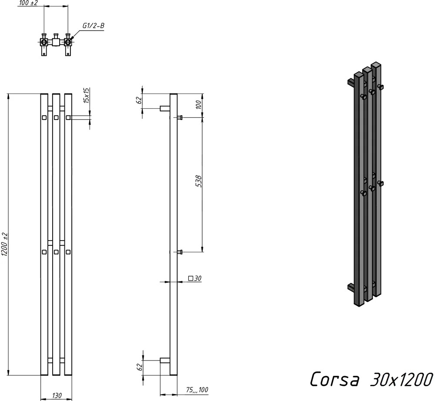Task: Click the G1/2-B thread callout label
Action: pos(93,26)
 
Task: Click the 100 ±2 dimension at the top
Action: pos(29,3)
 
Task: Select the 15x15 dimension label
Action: pos(86,95)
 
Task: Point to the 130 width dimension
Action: pos(57,395)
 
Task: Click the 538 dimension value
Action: pos(199,181)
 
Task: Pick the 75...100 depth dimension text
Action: pos(197,390)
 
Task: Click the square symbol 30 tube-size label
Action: pos(195,278)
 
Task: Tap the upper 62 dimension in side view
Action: pos(140,100)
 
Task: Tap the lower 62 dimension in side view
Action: pos(140,367)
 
